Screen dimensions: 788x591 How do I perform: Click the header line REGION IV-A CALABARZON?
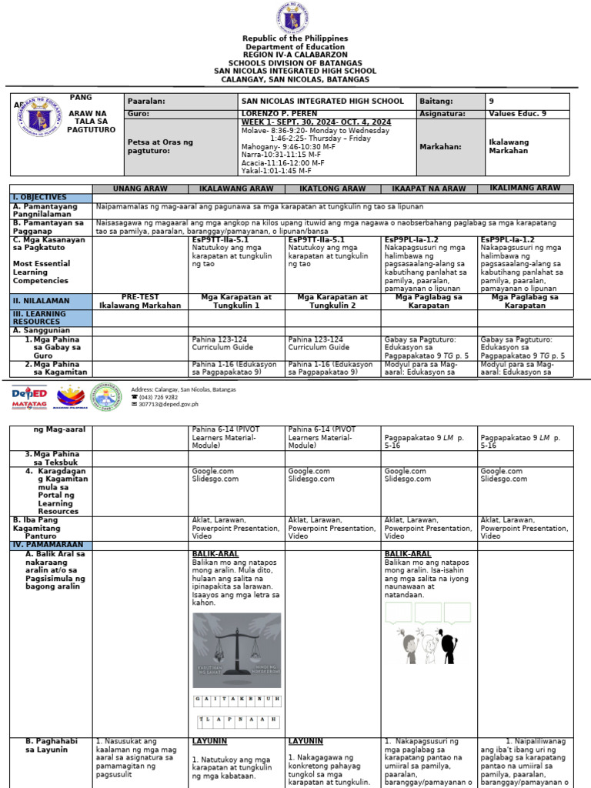[295, 55]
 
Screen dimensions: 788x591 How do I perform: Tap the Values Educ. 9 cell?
[517, 114]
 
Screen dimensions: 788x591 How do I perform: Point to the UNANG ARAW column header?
[140, 189]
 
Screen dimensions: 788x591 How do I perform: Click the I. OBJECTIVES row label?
[38, 198]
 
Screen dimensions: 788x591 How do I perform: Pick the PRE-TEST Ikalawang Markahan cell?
[140, 301]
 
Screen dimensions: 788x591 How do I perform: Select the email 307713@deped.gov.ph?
[169, 404]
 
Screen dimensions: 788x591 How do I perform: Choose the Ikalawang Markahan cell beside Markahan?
[509, 146]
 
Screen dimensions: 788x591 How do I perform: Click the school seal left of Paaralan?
[38, 117]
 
